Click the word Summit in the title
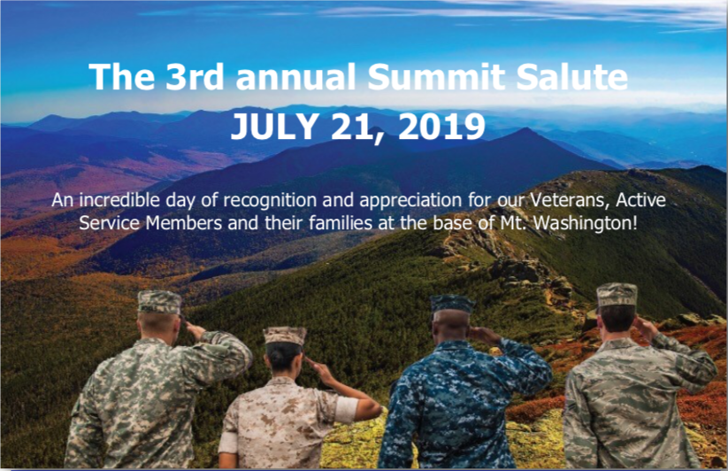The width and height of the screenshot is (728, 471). [435, 77]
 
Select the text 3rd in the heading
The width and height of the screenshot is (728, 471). [194, 77]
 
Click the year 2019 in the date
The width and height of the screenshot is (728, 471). [441, 127]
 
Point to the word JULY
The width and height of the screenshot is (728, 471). [274, 127]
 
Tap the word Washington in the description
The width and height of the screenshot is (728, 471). [586, 224]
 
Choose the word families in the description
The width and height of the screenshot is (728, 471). [341, 223]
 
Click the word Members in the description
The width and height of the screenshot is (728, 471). [184, 223]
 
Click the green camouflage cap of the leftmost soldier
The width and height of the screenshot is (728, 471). [160, 302]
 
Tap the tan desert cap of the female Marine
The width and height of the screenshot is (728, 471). [285, 336]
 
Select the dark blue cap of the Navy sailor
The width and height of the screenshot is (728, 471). [452, 305]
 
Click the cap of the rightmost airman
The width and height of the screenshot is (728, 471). [617, 295]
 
